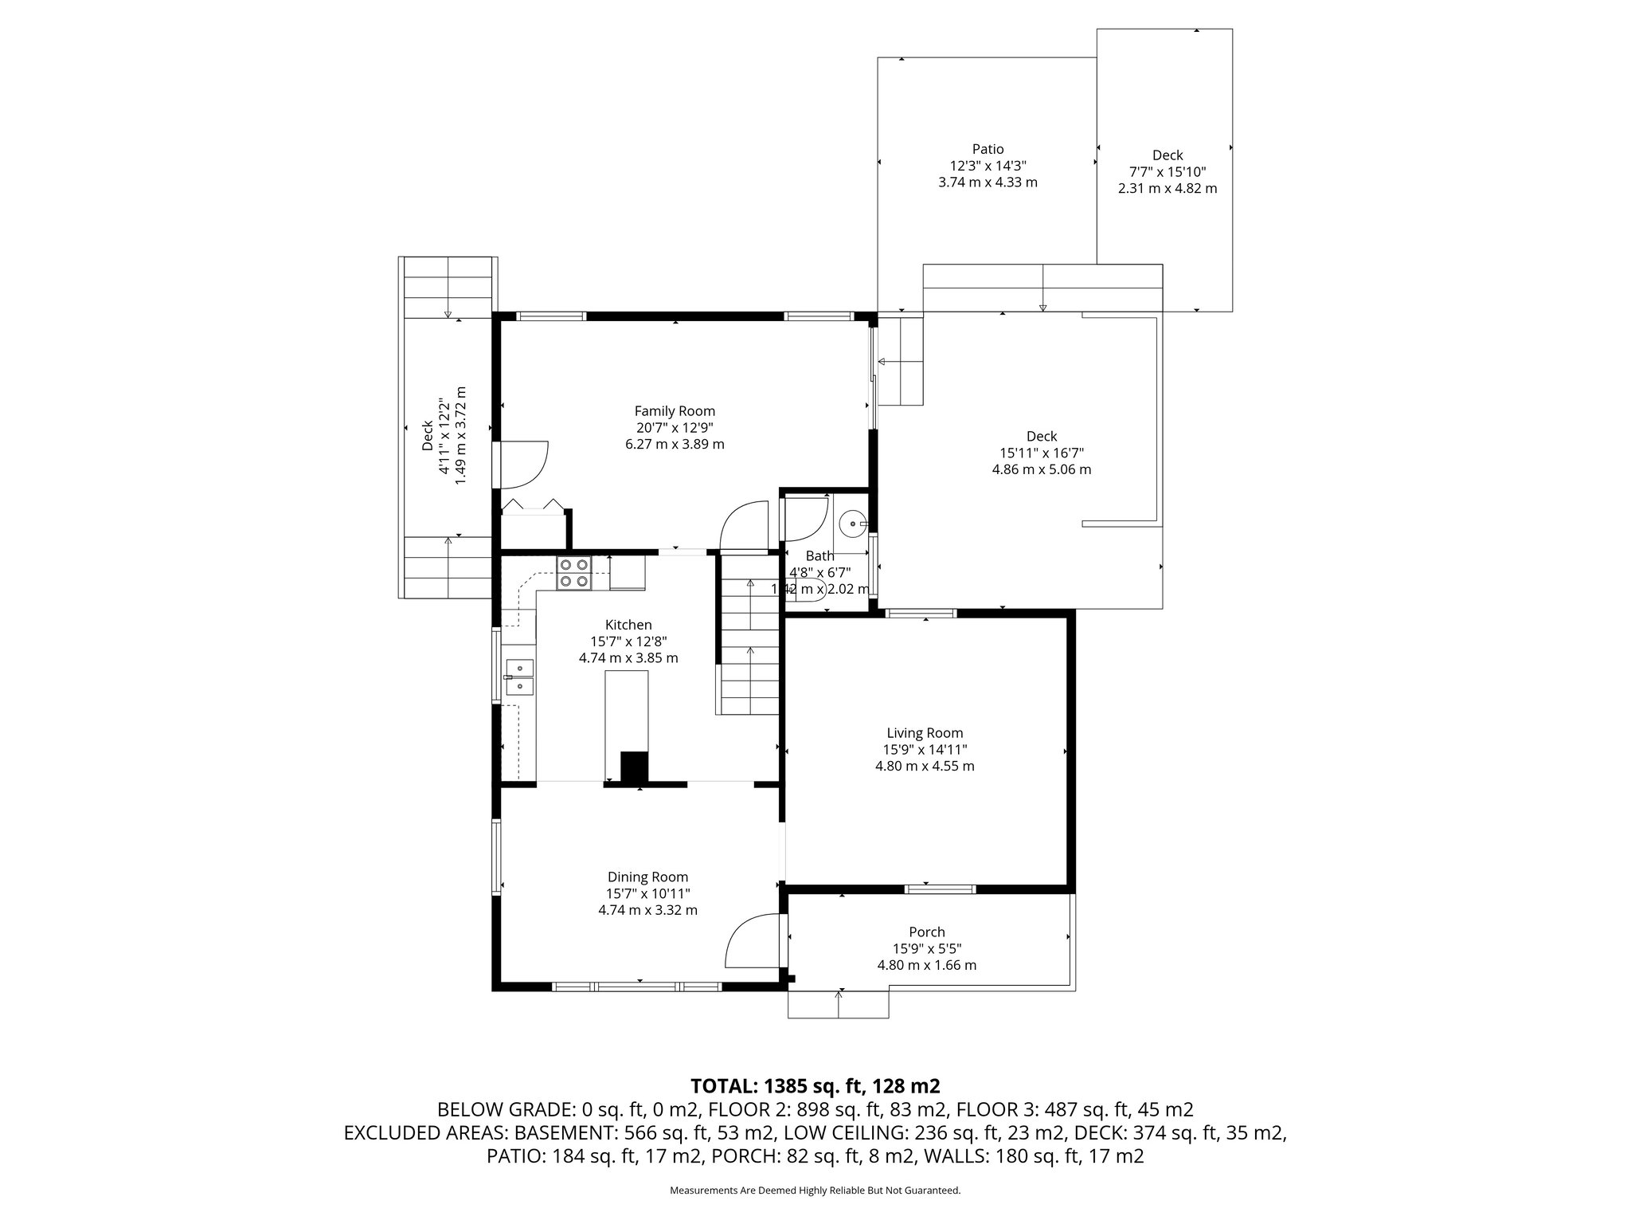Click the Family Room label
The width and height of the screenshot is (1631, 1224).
(x=675, y=411)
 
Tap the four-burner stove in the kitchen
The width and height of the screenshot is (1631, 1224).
(x=574, y=572)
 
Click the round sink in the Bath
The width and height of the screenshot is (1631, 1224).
(x=854, y=524)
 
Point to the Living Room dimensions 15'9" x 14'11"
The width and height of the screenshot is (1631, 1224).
(x=925, y=749)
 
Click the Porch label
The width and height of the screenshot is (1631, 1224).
(x=926, y=932)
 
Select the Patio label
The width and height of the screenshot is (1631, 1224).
(x=988, y=149)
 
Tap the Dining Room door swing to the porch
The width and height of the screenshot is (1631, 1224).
(x=752, y=941)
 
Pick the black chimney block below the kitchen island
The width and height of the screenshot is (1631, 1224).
(x=635, y=767)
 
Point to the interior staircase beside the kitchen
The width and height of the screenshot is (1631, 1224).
(x=749, y=645)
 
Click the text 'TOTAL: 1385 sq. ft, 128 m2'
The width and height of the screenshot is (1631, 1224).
(x=815, y=1085)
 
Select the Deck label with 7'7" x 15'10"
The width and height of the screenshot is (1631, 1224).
(x=1167, y=155)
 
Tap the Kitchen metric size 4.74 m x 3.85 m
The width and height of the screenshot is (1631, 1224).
(x=628, y=658)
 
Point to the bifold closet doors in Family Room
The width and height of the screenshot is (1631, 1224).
(x=533, y=505)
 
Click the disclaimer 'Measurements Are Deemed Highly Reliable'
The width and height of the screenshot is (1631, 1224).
(x=815, y=1191)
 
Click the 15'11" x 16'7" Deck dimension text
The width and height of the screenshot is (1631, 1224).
(x=1041, y=453)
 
